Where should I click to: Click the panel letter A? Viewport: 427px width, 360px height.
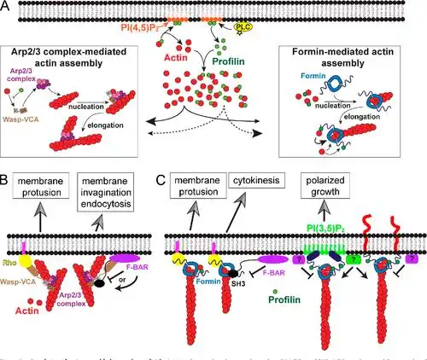(x=8, y=8)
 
